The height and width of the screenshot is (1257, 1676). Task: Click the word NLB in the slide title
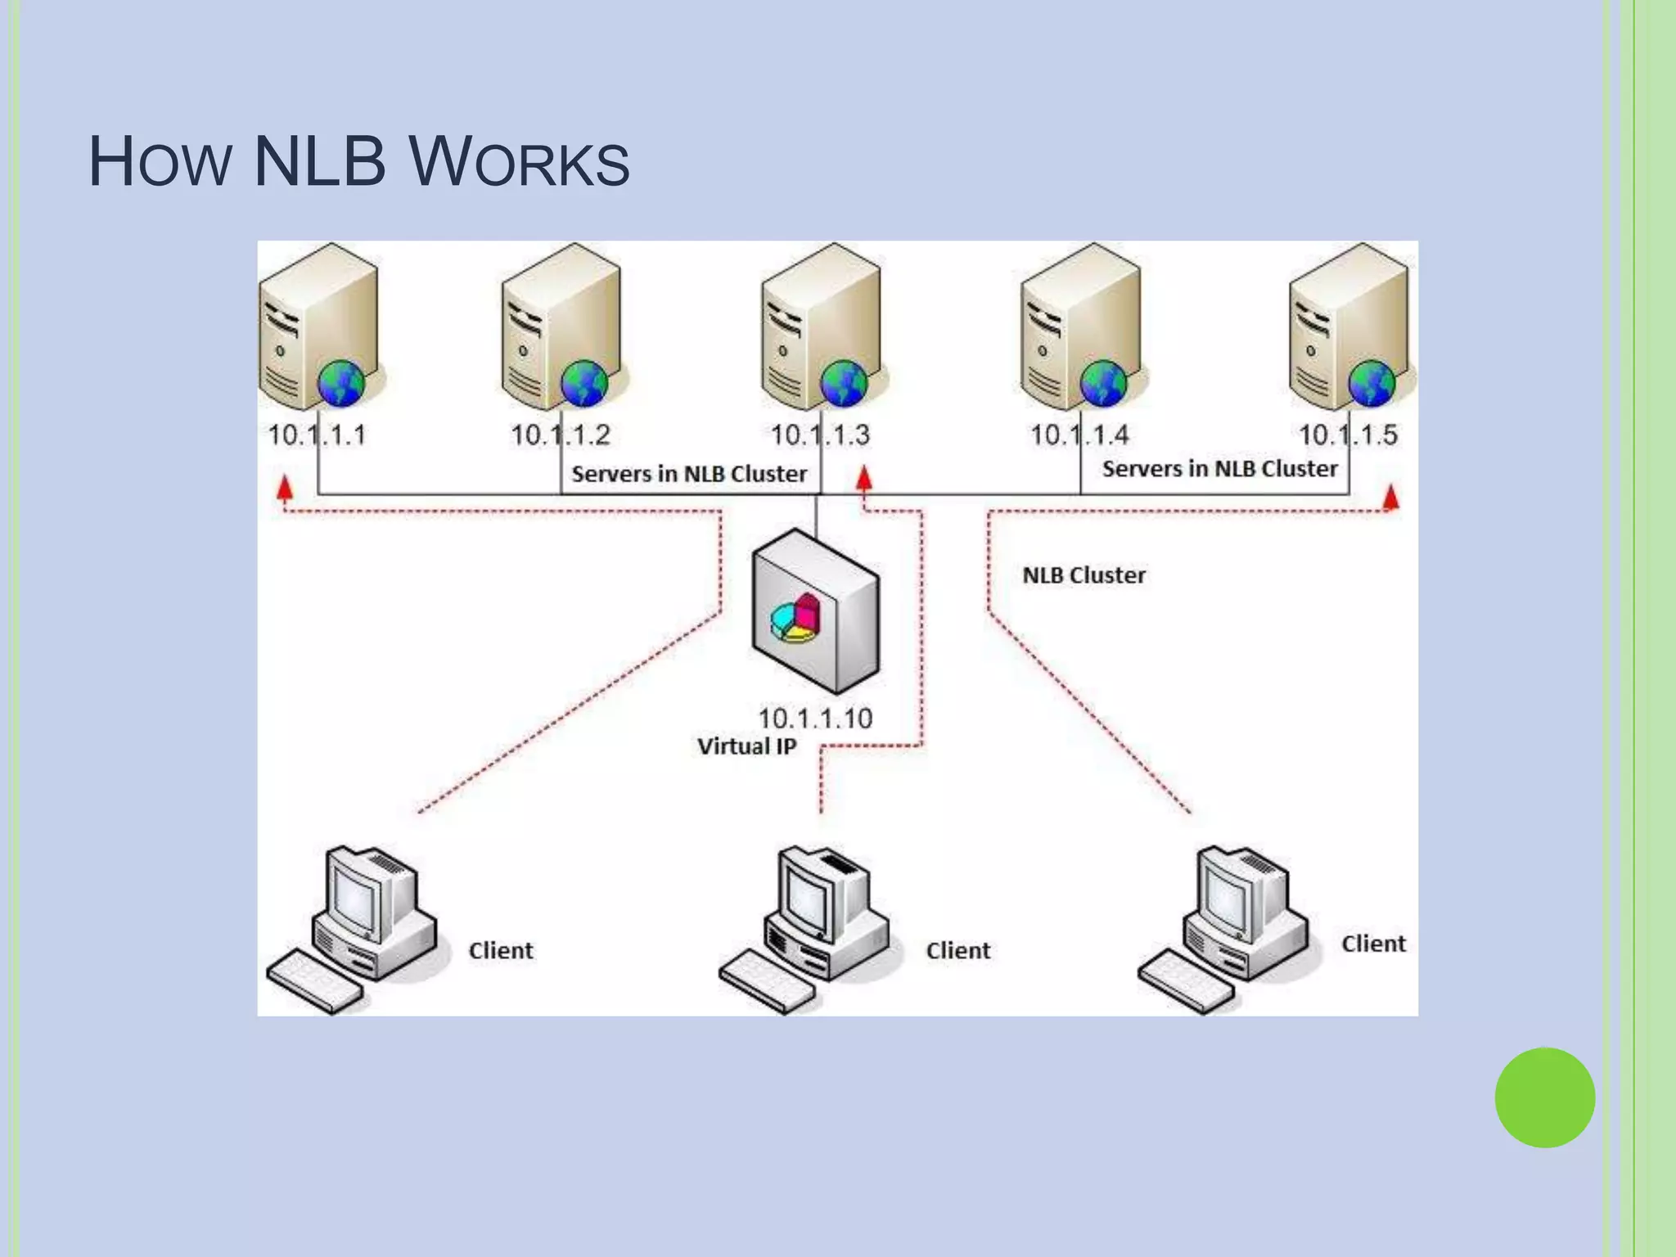click(x=319, y=162)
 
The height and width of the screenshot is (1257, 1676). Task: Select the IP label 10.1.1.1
click(x=317, y=435)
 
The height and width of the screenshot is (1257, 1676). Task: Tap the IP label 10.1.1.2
click(x=561, y=435)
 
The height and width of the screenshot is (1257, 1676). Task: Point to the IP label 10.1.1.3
click(x=820, y=435)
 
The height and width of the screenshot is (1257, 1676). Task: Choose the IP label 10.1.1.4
click(x=1079, y=435)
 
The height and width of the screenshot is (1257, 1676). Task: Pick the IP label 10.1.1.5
click(x=1348, y=435)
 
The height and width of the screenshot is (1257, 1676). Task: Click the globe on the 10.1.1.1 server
click(x=341, y=384)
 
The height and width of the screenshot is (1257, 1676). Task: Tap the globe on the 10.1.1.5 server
click(x=1372, y=384)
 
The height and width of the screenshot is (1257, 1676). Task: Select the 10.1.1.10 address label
click(x=815, y=719)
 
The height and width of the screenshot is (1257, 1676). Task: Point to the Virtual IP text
click(x=746, y=746)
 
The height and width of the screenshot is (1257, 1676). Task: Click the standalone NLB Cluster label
click(x=1084, y=575)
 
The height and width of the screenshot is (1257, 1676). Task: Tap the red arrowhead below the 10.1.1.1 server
click(x=284, y=489)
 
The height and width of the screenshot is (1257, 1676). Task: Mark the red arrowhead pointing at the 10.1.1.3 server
click(x=863, y=478)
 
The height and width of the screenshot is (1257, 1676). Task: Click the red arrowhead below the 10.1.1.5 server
click(x=1390, y=497)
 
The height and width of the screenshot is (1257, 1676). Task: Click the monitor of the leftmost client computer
click(x=354, y=897)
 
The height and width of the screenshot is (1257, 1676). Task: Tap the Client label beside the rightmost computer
click(x=1372, y=944)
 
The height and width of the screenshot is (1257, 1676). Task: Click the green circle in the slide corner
click(x=1544, y=1097)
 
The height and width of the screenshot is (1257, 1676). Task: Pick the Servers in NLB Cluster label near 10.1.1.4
click(x=1219, y=469)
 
